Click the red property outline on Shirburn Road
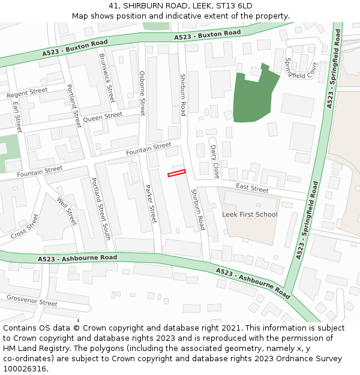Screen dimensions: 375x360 coord(176,173)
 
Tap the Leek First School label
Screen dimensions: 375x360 coord(250,214)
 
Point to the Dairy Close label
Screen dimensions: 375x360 coord(214,161)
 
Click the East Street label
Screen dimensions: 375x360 coord(252,188)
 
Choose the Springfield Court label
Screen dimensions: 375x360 coord(301,68)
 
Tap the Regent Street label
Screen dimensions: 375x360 coord(27,93)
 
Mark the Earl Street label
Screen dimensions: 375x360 coord(17,116)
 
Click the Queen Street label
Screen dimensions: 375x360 coord(103,118)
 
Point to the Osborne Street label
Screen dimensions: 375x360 coord(142,93)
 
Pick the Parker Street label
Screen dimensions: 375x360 coord(150,203)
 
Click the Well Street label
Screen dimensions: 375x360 coord(67,211)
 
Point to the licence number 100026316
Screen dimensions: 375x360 coord(26,368)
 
